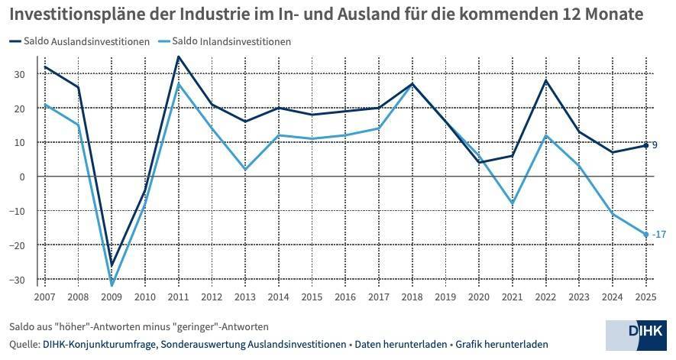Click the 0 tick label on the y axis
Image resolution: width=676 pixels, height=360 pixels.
pos(23,177)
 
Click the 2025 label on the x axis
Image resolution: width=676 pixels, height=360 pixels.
pos(647,296)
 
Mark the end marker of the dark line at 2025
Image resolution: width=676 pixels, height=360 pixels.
pos(646,145)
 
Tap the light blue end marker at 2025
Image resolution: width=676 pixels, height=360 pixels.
pos(646,235)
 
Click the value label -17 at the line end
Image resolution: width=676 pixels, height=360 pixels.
pos(659,235)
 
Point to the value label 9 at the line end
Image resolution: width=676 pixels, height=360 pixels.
pos(655,145)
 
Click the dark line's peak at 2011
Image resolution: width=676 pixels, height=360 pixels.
pos(178,57)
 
